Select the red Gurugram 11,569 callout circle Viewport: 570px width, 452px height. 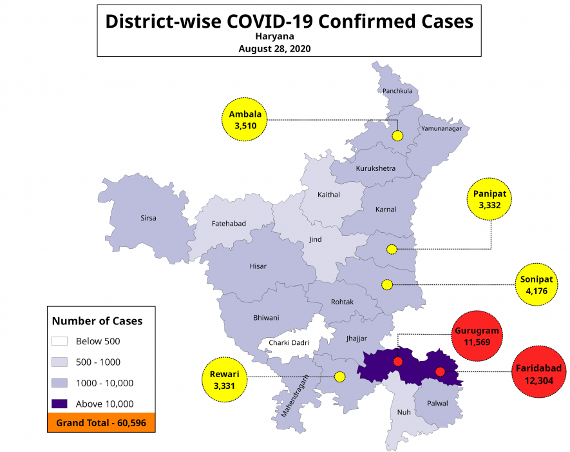click(x=477, y=336)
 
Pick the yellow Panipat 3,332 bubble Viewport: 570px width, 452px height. click(x=490, y=199)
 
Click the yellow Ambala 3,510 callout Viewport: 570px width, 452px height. click(x=245, y=120)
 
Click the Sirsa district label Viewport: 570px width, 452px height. click(x=148, y=218)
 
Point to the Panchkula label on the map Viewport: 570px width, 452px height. click(x=397, y=91)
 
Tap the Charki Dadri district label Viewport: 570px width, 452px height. click(x=289, y=342)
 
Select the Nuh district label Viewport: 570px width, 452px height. click(x=404, y=412)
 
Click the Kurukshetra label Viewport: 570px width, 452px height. click(x=375, y=169)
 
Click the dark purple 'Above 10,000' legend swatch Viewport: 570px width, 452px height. click(x=60, y=404)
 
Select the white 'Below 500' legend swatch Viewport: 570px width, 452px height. click(x=60, y=341)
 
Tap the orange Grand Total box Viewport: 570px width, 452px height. click(x=101, y=422)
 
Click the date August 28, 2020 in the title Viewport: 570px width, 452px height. click(x=274, y=48)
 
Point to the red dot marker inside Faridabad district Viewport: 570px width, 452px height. click(x=440, y=372)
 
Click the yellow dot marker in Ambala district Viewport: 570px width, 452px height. click(x=397, y=135)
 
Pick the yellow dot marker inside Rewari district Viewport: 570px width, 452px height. click(x=339, y=377)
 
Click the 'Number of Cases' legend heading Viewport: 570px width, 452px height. click(x=97, y=320)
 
